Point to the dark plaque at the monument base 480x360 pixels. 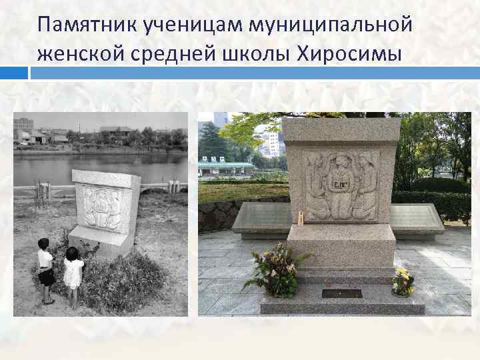341,293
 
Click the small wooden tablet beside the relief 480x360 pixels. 301,216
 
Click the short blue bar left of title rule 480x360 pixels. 14,73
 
